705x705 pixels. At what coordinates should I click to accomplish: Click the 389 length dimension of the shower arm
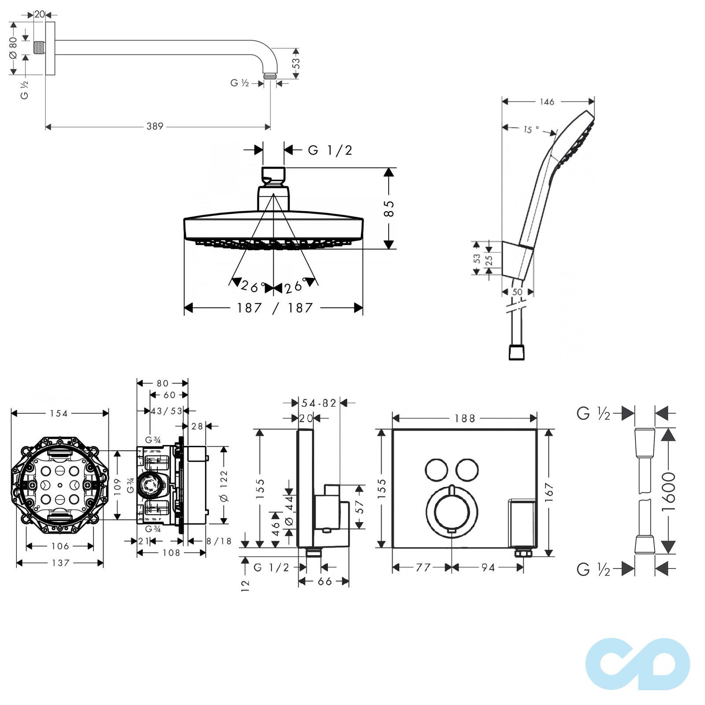[x=155, y=126]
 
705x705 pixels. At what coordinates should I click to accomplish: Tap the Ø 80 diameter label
[x=13, y=48]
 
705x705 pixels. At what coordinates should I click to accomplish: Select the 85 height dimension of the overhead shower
[x=389, y=208]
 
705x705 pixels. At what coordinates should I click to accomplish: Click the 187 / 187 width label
[x=275, y=308]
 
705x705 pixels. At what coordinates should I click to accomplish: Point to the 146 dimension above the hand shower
[x=547, y=102]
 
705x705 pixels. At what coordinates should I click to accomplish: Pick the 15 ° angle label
[x=531, y=129]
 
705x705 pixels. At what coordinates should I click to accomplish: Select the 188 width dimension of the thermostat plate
[x=465, y=418]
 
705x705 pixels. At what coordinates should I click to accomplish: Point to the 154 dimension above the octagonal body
[x=59, y=413]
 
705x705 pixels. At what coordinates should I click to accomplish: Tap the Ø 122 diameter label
[x=224, y=486]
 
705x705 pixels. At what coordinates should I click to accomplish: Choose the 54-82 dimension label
[x=319, y=403]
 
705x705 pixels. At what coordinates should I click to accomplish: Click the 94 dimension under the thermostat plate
[x=488, y=568]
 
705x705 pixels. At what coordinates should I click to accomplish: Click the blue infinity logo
[x=638, y=664]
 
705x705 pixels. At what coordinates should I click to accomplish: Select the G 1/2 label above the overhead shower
[x=330, y=150]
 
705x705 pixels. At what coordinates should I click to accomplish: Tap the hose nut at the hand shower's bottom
[x=517, y=352]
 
